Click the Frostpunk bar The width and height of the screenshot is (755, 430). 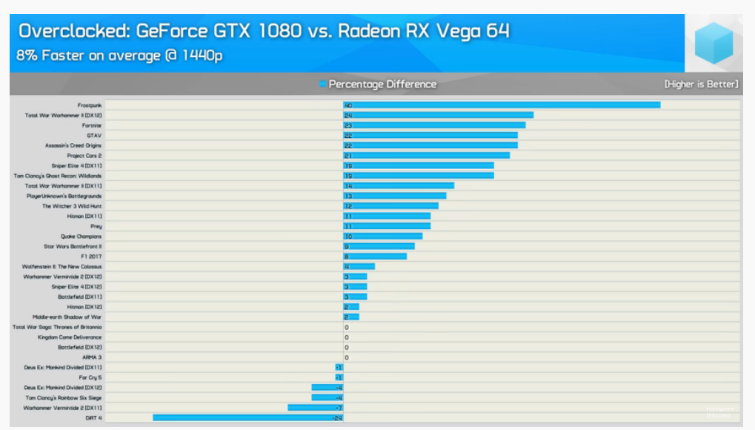[x=502, y=105]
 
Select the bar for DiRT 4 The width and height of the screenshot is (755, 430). [x=247, y=418]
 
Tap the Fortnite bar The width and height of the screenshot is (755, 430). [x=434, y=125]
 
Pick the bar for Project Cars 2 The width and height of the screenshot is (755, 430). [x=426, y=156]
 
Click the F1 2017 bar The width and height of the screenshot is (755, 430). [x=375, y=257]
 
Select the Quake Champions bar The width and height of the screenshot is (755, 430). [x=382, y=236]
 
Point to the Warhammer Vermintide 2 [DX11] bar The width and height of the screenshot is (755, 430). [x=315, y=408]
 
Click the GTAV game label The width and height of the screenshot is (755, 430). [x=94, y=136]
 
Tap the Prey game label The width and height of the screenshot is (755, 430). [x=96, y=226]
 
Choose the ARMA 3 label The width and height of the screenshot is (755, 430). [x=92, y=357]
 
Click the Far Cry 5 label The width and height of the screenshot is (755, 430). [x=90, y=377]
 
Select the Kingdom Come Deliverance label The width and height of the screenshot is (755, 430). [x=70, y=337]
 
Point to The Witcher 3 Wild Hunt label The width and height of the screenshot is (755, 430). [x=72, y=206]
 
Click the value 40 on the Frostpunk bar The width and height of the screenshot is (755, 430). [x=347, y=105]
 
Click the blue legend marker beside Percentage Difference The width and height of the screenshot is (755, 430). [x=322, y=85]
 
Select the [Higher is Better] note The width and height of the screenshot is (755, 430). [x=700, y=85]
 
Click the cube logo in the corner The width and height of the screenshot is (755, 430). [x=714, y=42]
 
